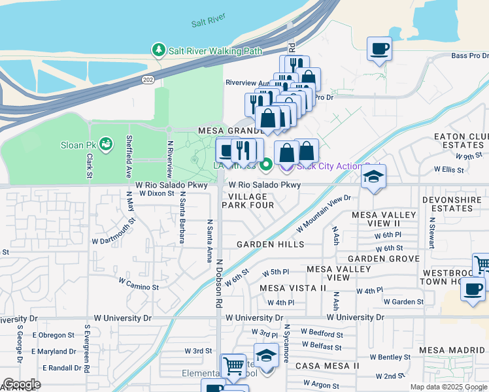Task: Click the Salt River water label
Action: (209, 24)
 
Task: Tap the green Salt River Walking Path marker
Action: (158, 50)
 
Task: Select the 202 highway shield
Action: (148, 79)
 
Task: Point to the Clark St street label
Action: (88, 165)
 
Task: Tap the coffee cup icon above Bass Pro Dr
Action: (379, 48)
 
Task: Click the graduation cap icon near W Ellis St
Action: (373, 176)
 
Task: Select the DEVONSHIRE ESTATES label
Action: (456, 203)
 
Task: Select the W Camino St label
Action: (139, 283)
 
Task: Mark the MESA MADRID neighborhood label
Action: (452, 350)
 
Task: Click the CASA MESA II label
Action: (327, 365)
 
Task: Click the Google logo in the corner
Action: (22, 384)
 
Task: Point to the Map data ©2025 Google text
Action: (448, 387)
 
